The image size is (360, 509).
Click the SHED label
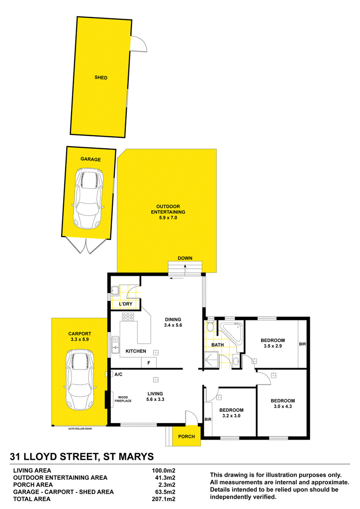pyautogui.click(x=101, y=77)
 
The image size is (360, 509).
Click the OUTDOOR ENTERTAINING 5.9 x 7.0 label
pyautogui.click(x=168, y=212)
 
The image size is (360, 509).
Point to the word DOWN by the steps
pyautogui.click(x=185, y=258)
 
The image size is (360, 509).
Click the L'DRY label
pyautogui.click(x=126, y=304)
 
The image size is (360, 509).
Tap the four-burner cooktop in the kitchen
pyautogui.click(x=127, y=316)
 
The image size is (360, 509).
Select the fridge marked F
pyautogui.click(x=148, y=363)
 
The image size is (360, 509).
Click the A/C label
pyautogui.click(x=118, y=374)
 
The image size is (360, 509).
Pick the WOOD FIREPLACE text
pyautogui.click(x=123, y=399)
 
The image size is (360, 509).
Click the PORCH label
pyautogui.click(x=186, y=437)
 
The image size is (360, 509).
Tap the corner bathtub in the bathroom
pyautogui.click(x=231, y=333)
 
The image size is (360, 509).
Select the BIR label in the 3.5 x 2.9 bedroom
pyautogui.click(x=302, y=344)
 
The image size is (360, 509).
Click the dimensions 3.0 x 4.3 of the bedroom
pyautogui.click(x=283, y=406)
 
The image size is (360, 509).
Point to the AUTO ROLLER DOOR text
pyautogui.click(x=80, y=429)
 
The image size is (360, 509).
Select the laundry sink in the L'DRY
pyautogui.click(x=115, y=290)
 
